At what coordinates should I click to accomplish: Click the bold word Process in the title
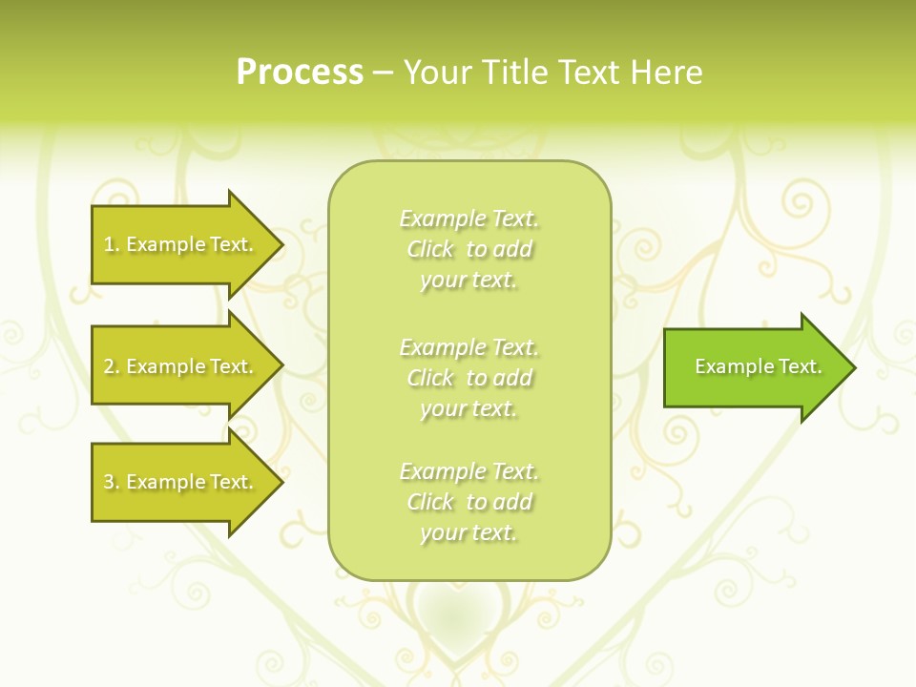point(300,73)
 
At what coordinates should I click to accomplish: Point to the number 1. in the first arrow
point(112,244)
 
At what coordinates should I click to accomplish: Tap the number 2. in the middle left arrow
point(112,366)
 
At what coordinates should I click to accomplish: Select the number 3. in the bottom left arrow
point(112,482)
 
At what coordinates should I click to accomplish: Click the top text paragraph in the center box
point(468,249)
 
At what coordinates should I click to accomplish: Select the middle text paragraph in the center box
point(468,378)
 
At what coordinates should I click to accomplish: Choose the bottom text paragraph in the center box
point(468,502)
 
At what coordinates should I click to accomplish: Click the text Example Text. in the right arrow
point(758,366)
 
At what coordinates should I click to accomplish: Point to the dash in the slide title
point(383,73)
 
